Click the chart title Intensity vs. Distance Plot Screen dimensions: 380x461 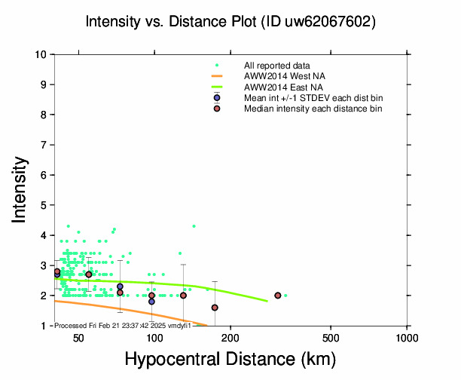[230, 23]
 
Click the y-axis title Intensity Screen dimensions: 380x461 [21, 190]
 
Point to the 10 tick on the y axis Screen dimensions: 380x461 [42, 54]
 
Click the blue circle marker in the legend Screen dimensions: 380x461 [217, 98]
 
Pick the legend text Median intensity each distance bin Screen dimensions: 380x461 [313, 109]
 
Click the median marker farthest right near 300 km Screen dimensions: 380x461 [278, 296]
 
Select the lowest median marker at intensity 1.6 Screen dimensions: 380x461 [215, 308]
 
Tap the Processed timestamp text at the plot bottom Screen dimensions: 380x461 [124, 325]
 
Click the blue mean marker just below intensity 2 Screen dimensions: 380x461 [151, 302]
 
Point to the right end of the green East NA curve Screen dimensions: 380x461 [267, 301]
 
